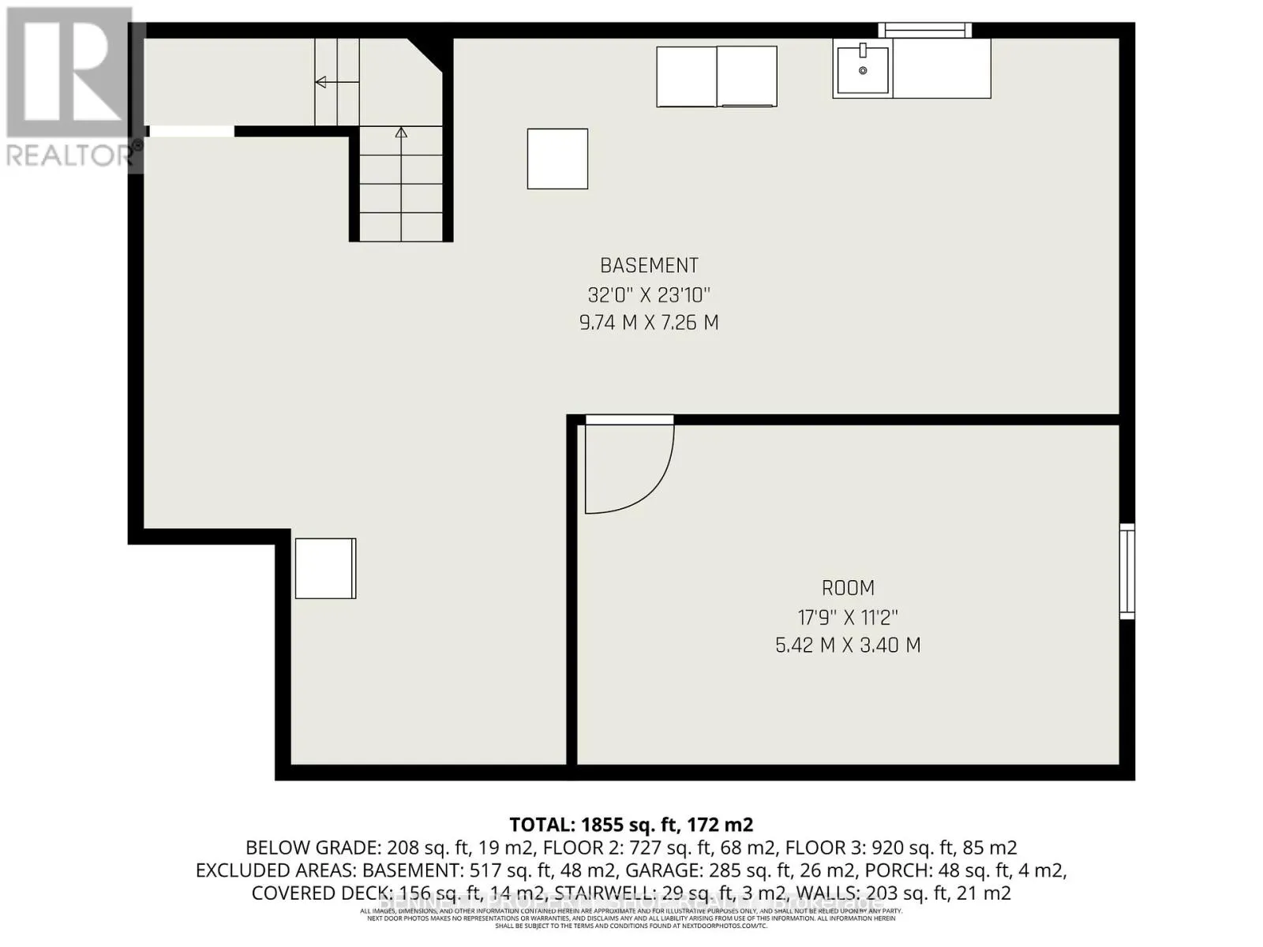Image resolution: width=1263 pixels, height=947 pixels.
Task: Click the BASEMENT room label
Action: [649, 266]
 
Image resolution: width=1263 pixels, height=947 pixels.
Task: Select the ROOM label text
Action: [848, 589]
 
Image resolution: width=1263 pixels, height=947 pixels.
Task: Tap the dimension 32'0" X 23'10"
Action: [649, 295]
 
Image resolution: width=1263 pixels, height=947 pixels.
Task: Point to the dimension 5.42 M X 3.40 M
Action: [848, 646]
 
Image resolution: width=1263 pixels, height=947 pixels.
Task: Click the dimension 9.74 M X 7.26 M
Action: [649, 323]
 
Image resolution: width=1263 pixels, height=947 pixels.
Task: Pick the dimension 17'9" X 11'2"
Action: [848, 617]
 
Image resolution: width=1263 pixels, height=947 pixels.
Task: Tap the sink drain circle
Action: [863, 71]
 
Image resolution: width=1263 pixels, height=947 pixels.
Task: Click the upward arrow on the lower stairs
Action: [401, 133]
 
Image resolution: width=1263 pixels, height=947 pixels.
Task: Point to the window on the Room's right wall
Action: [1127, 571]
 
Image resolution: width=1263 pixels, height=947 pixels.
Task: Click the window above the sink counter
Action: [925, 30]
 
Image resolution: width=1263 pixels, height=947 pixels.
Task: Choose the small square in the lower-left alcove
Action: [325, 568]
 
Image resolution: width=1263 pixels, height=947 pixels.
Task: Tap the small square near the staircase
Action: [557, 159]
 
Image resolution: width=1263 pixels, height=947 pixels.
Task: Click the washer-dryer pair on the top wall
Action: [716, 77]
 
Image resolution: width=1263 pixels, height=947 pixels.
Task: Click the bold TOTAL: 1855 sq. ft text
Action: [631, 825]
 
